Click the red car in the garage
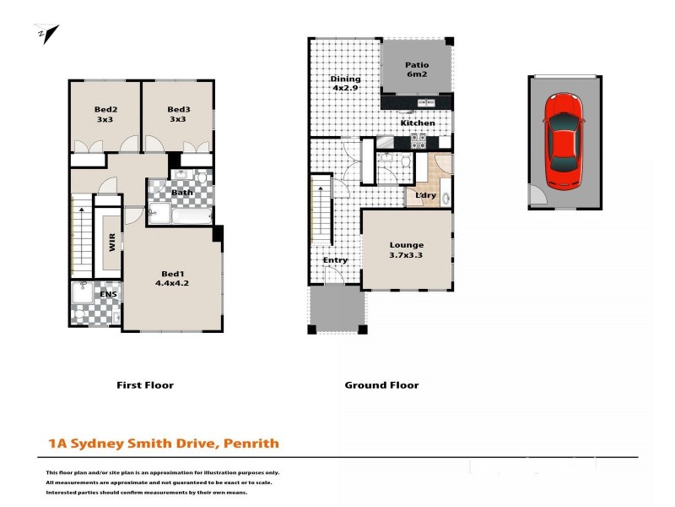click(563, 141)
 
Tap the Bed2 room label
click(105, 114)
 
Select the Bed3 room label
click(178, 114)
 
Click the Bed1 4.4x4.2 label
click(171, 279)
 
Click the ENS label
click(109, 294)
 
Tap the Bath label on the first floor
click(182, 193)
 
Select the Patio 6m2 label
click(417, 70)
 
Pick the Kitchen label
click(418, 123)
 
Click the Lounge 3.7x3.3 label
click(406, 249)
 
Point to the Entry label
click(335, 260)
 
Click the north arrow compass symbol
click(47, 35)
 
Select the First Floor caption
click(144, 385)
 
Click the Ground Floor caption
click(381, 385)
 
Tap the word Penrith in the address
click(251, 443)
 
